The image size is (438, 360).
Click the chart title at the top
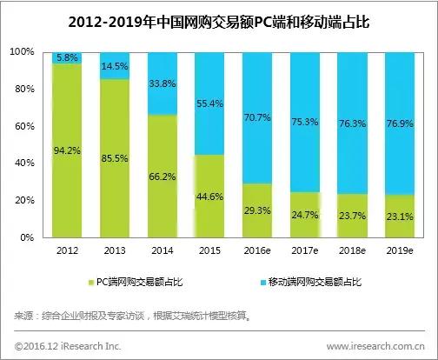[219, 21]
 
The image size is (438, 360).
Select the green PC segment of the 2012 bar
[66, 174]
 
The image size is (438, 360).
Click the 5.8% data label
[66, 57]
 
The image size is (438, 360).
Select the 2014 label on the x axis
[163, 251]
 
